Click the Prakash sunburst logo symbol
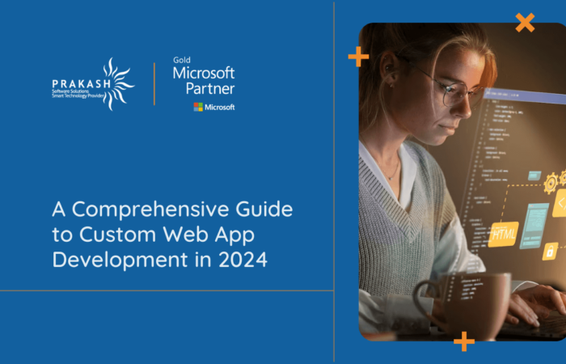[x=115, y=83]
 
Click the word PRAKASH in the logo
[x=75, y=83]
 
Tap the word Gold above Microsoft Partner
[x=181, y=60]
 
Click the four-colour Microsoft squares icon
[x=198, y=107]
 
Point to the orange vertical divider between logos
[x=154, y=83]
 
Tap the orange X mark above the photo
[x=525, y=23]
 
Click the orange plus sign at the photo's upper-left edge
[x=358, y=57]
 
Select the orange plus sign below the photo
[x=464, y=341]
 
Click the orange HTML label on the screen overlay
[x=503, y=234]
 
